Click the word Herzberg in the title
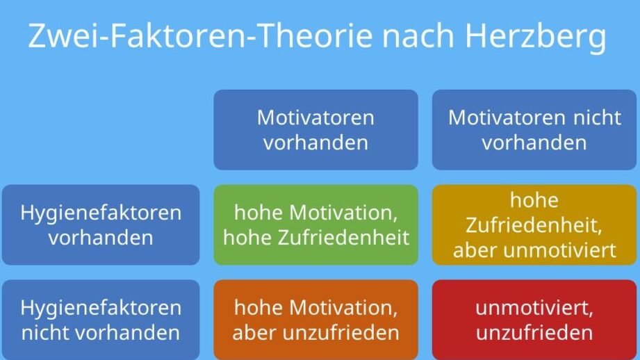536,37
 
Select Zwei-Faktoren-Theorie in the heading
200,36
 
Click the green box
315,225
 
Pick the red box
534,320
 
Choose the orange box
315,320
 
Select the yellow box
534,225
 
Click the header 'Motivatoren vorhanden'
315,130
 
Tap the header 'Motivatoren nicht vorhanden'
534,130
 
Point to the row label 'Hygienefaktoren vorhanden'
101,225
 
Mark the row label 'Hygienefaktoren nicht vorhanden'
101,320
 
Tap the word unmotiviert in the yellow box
559,250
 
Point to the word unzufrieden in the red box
534,333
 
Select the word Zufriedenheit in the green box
343,238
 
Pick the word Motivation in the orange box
343,308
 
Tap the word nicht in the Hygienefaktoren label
45,333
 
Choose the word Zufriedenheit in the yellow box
534,225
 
